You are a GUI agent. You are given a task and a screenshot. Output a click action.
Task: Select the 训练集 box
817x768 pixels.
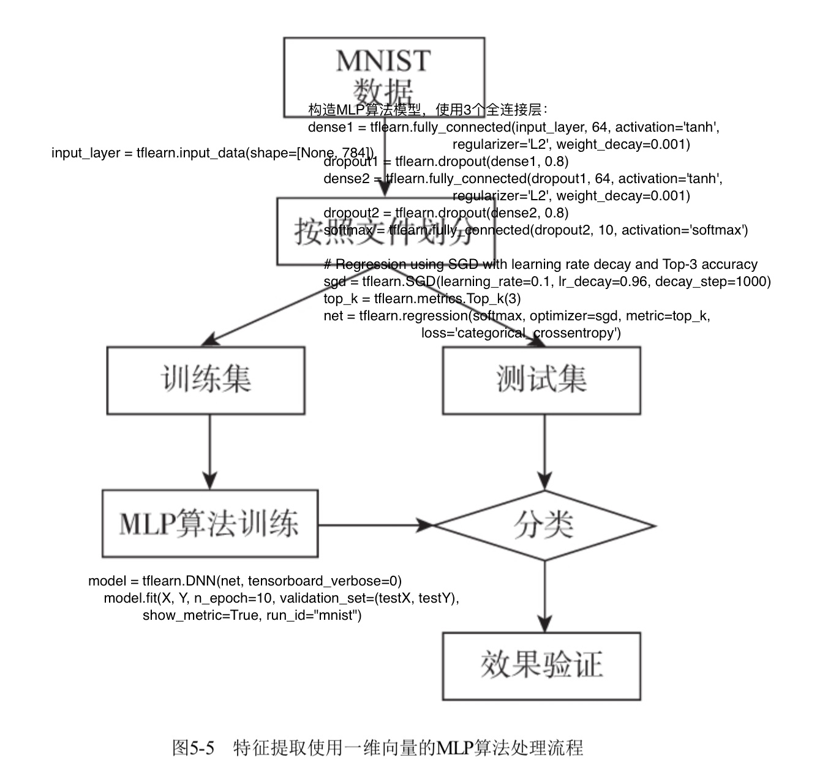[x=206, y=380]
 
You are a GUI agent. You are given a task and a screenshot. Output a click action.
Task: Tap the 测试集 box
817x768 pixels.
[x=541, y=380]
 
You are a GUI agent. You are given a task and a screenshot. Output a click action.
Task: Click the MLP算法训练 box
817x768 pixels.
[x=209, y=524]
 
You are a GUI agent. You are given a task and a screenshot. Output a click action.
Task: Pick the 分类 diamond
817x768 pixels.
[x=544, y=525]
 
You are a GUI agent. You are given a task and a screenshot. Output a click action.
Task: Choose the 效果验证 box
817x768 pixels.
[x=541, y=666]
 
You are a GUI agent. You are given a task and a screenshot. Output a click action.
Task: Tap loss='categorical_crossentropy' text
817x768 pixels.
[x=521, y=333]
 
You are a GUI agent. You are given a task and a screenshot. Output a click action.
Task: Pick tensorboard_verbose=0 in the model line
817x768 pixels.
[x=325, y=581]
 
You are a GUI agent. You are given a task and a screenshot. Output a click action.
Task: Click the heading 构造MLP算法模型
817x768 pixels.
[x=365, y=110]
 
